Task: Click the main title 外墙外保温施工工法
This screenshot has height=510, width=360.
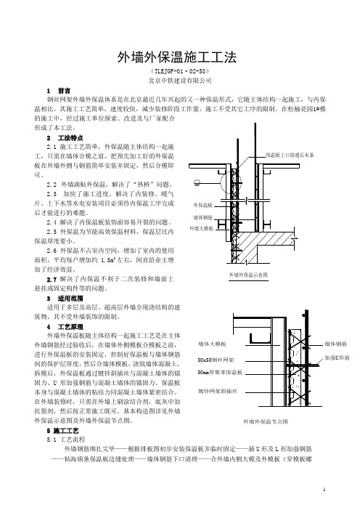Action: (x=177, y=57)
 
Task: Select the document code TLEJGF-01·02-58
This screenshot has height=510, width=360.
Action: (x=180, y=71)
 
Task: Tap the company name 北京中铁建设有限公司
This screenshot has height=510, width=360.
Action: (x=180, y=81)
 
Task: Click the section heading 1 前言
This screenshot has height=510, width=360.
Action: (x=59, y=91)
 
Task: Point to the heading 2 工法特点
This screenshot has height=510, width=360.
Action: (x=65, y=138)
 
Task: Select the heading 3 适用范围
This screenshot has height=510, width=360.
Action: (x=65, y=298)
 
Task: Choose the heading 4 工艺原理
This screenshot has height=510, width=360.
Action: (x=65, y=326)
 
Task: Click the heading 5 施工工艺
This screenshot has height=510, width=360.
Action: (x=62, y=431)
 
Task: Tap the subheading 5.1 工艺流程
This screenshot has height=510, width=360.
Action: (x=65, y=440)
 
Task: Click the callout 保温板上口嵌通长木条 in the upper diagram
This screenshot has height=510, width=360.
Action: (x=290, y=155)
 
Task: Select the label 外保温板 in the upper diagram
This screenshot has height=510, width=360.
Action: (x=202, y=206)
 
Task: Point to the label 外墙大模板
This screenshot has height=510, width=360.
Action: (x=202, y=229)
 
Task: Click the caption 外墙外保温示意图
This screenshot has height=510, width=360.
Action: (x=248, y=275)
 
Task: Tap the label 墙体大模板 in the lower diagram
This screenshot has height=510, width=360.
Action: (x=212, y=344)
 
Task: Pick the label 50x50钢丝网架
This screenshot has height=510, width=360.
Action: (x=216, y=360)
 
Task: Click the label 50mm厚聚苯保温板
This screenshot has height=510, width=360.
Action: (x=220, y=373)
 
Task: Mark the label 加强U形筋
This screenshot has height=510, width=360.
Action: (x=337, y=357)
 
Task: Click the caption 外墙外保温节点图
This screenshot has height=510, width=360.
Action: (x=266, y=421)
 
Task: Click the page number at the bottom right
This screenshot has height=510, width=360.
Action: (x=324, y=490)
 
